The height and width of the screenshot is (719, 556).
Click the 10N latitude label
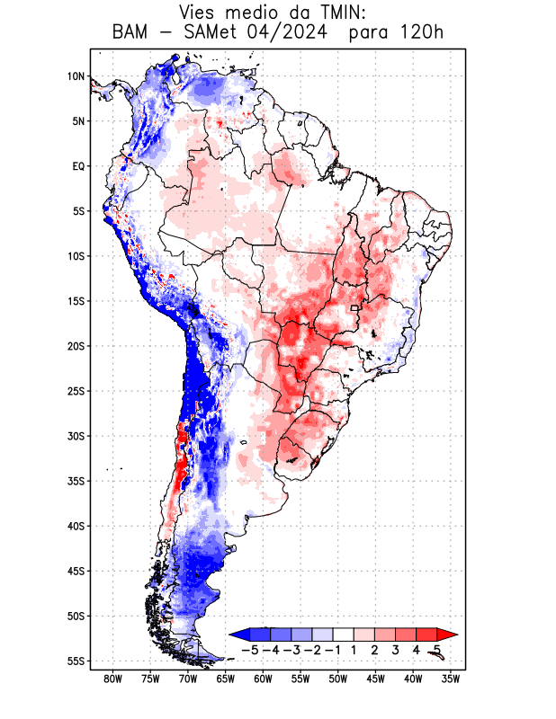click(75, 76)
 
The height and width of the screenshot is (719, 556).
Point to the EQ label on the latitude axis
click(78, 166)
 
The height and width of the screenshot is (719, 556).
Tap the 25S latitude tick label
click(75, 391)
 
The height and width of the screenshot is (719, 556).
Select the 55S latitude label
click(75, 661)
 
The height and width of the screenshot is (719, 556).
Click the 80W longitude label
click(112, 679)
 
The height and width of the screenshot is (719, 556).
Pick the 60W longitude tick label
click(263, 679)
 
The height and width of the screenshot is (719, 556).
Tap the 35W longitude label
click(451, 679)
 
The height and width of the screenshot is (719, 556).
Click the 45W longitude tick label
click(375, 679)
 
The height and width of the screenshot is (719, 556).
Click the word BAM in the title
click(134, 33)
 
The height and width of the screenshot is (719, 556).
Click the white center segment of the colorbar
click(344, 635)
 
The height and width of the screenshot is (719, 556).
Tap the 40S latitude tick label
click(75, 526)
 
